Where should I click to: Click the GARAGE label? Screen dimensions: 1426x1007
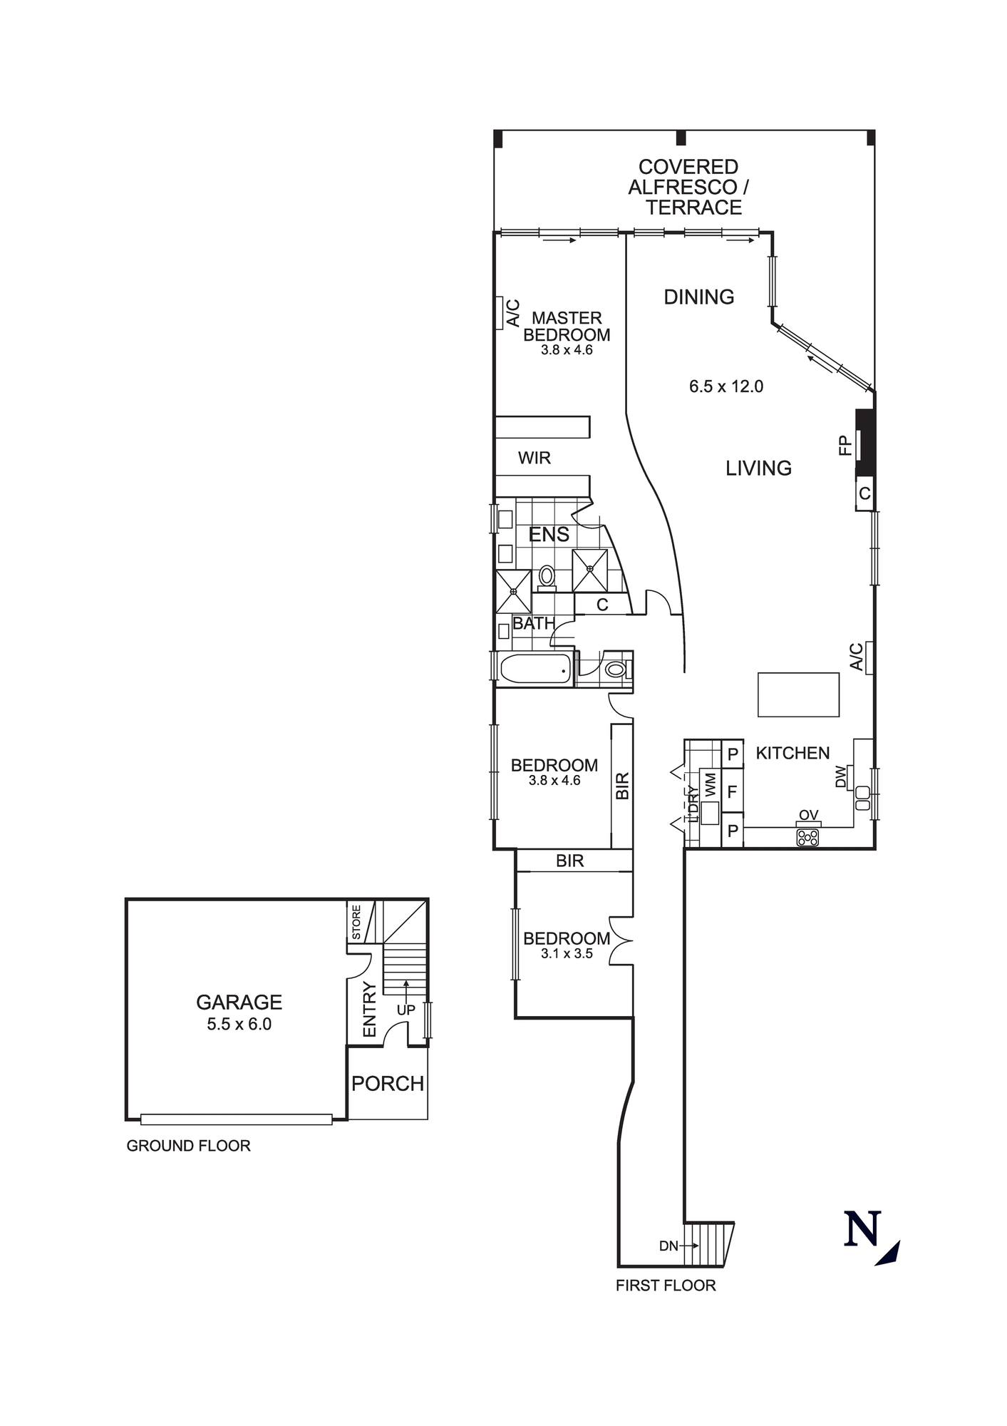239,1002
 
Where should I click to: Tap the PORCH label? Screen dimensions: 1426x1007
387,1083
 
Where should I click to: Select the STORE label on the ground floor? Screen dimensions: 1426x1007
356,922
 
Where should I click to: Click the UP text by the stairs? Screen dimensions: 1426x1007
406,1010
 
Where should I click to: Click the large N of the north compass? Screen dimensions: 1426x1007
862,1228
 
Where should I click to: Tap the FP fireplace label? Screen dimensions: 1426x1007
845,446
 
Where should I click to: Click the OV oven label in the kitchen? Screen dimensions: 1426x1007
808,815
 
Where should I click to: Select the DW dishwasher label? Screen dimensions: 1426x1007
841,776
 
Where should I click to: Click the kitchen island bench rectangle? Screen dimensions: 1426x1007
798,694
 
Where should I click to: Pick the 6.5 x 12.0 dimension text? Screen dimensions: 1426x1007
725,386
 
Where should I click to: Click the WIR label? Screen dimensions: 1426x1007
534,458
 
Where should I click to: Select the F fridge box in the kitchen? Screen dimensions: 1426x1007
732,792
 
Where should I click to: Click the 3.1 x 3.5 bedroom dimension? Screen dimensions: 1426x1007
567,954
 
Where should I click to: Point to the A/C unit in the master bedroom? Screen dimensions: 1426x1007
499,313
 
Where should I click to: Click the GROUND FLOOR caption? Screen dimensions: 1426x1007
188,1146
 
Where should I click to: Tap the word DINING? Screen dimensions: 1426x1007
698,297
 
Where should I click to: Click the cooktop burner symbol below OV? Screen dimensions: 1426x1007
807,838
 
